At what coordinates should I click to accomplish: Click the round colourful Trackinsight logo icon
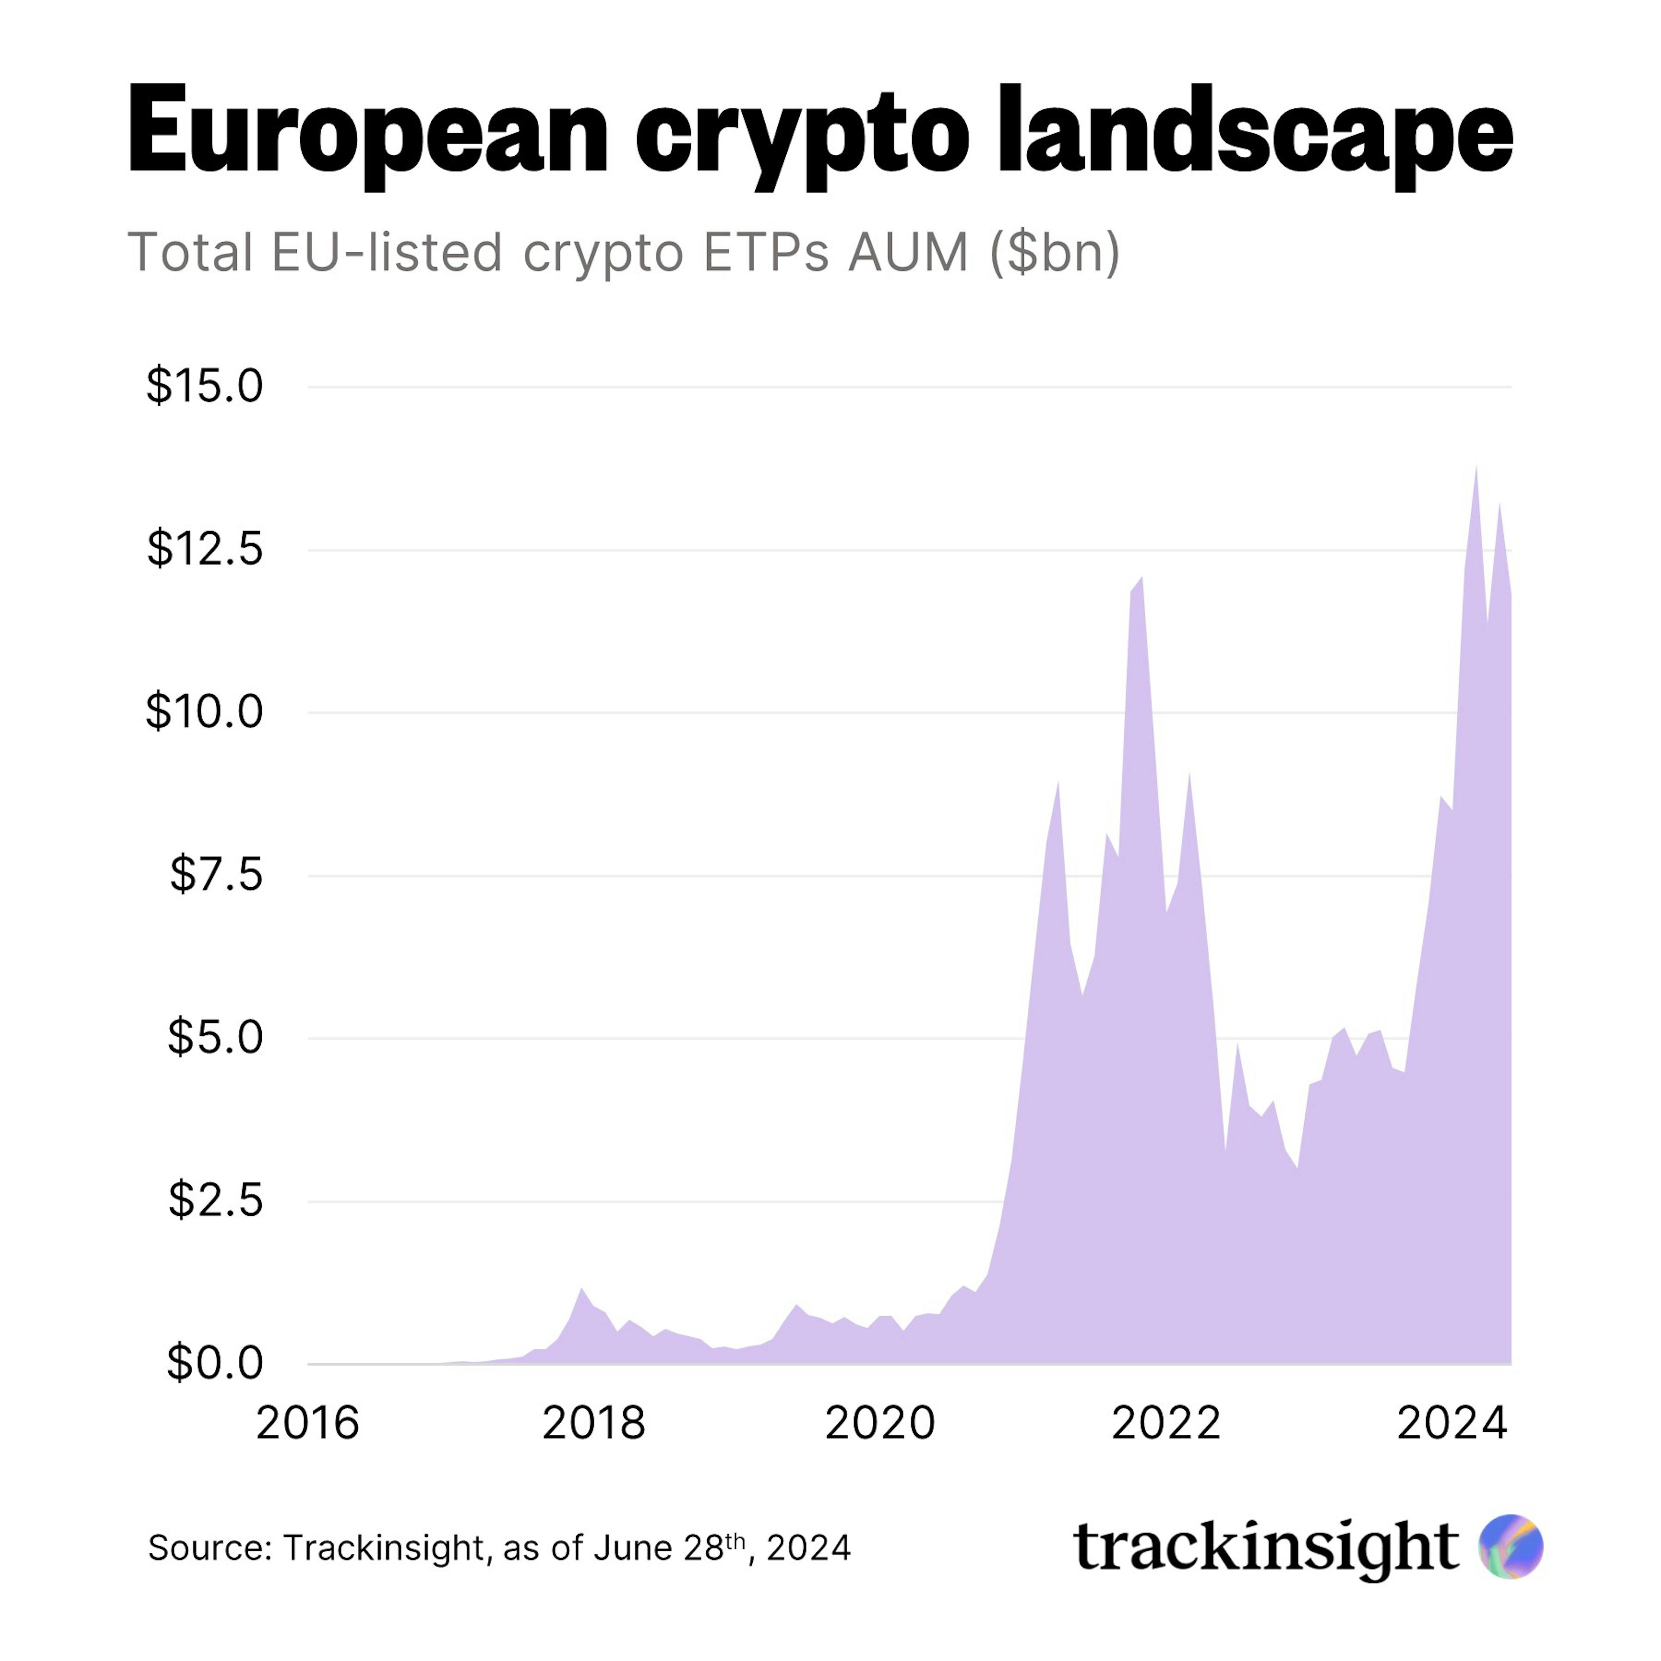coord(1510,1547)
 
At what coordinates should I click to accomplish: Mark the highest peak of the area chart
coord(1476,468)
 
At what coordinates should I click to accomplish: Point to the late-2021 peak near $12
coord(1142,580)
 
